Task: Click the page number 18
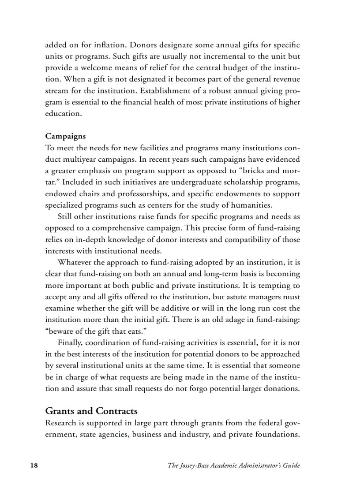point(34,465)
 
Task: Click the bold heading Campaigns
point(65,136)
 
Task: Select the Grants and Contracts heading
point(91,411)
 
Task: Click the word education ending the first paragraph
point(63,113)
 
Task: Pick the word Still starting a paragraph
point(65,216)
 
